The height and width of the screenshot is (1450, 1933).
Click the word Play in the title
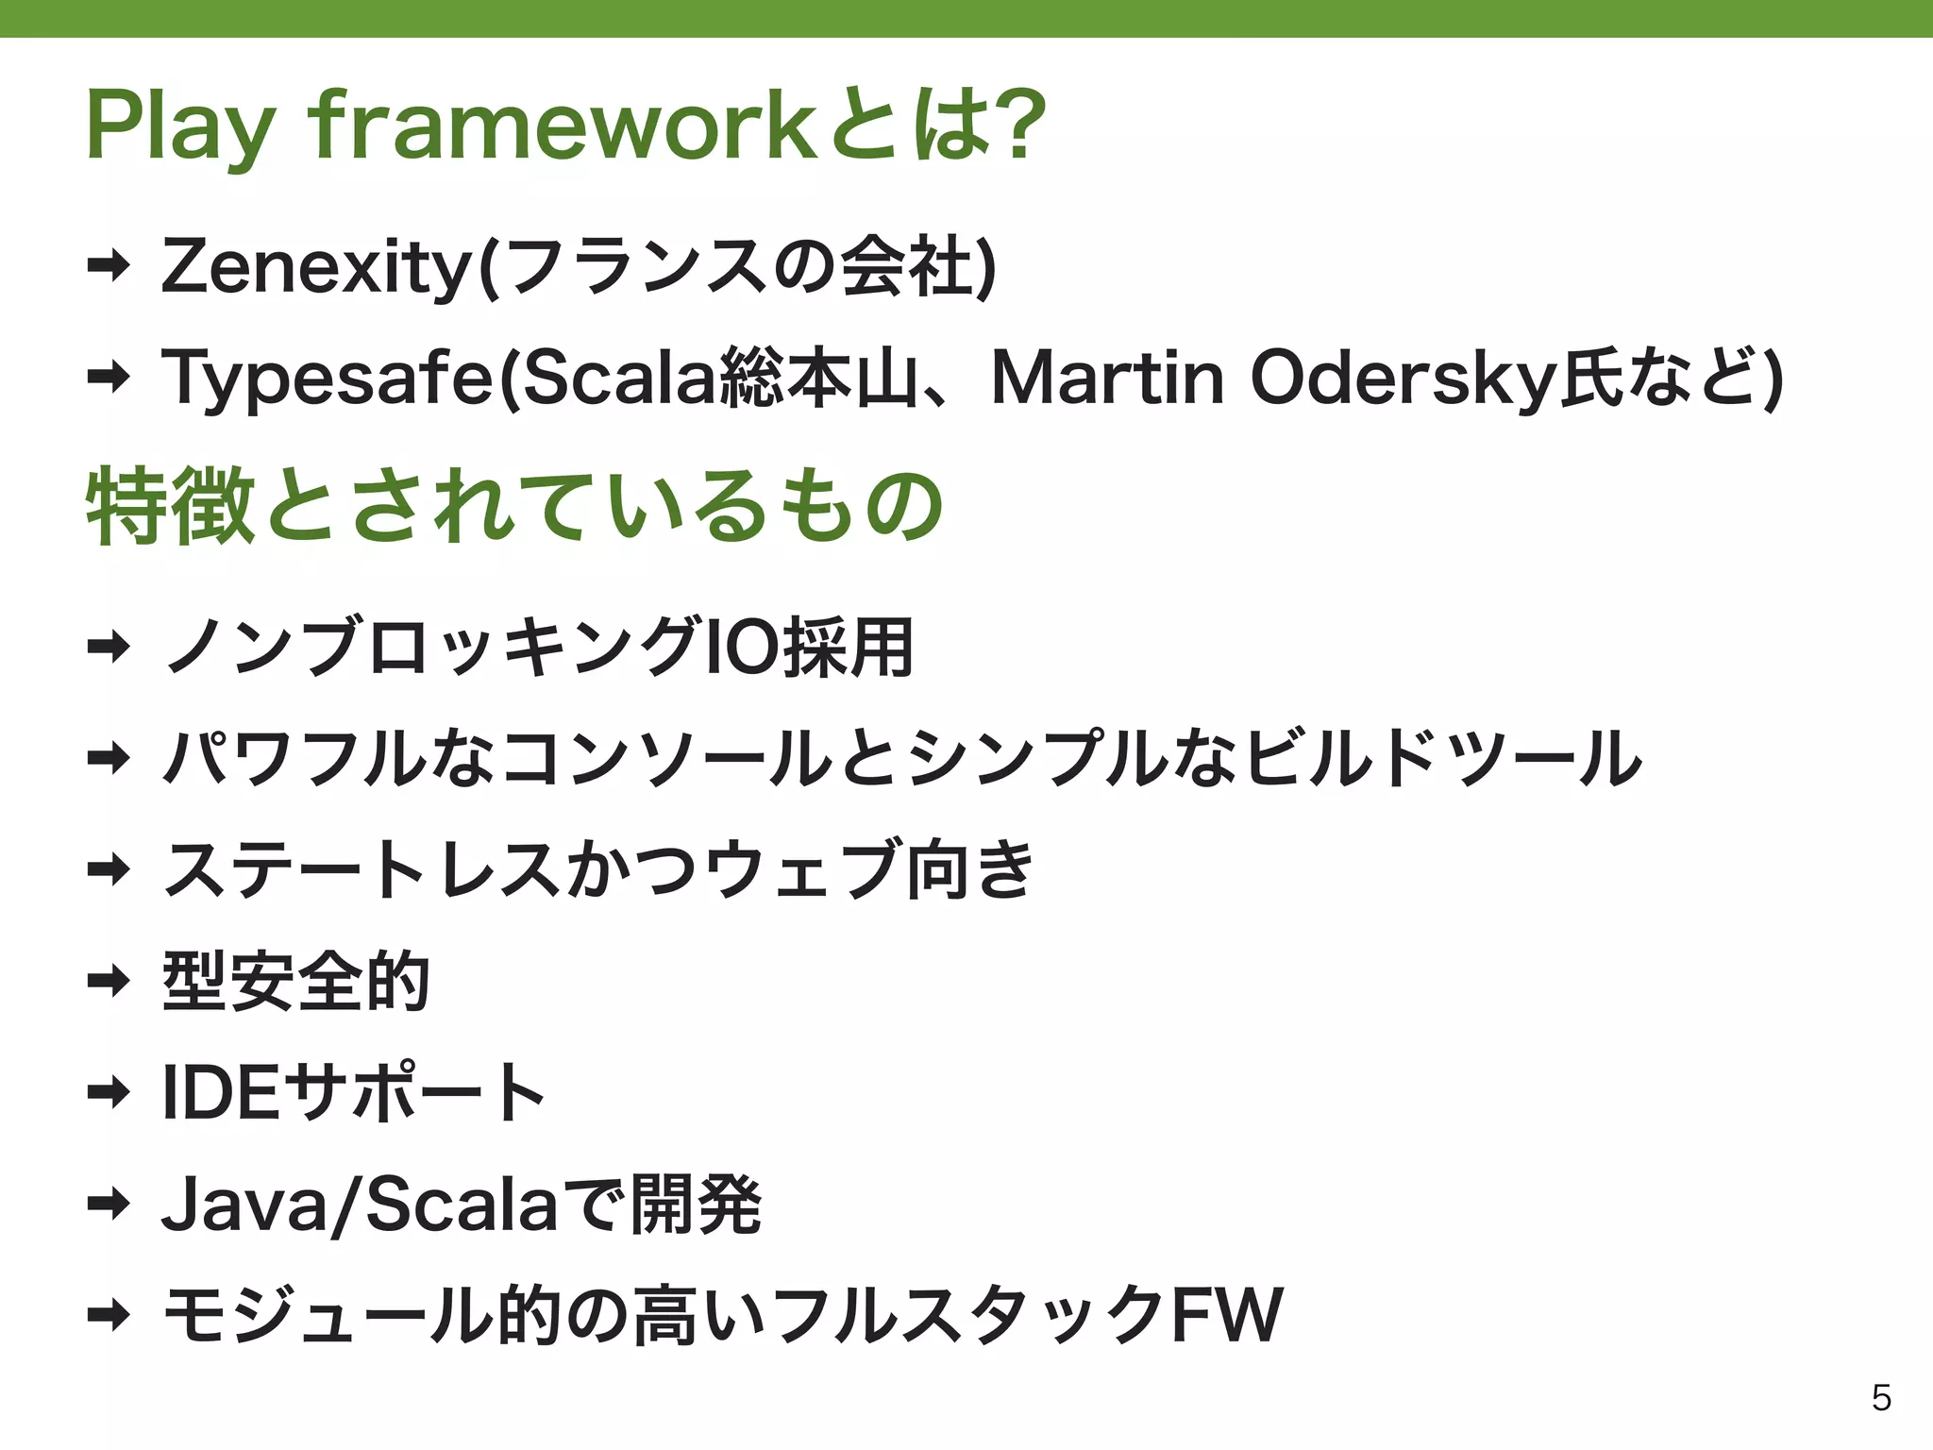(179, 127)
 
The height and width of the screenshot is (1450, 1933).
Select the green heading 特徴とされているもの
(514, 507)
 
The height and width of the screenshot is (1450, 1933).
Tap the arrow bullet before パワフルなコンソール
(108, 758)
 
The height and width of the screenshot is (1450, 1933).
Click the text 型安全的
(296, 982)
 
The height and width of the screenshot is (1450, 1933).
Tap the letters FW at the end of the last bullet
(1227, 1315)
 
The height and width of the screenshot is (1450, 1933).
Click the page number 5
(1881, 1398)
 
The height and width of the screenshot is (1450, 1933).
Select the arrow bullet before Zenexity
(108, 268)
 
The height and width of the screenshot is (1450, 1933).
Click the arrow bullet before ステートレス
(108, 869)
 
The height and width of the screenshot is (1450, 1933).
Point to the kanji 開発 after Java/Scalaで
(696, 1205)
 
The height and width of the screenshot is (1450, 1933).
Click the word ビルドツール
(1444, 758)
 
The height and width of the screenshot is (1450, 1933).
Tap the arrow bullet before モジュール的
(108, 1315)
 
